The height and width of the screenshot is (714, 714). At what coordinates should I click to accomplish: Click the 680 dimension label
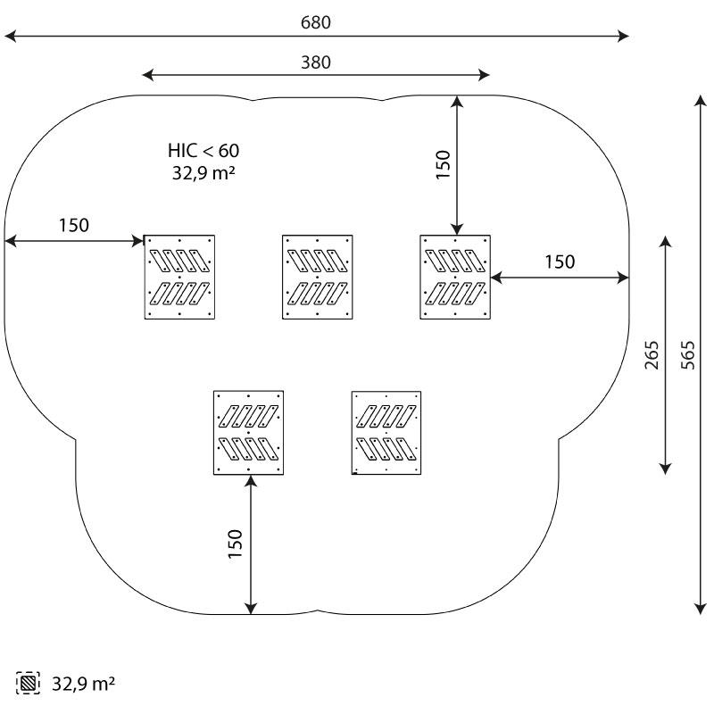(316, 22)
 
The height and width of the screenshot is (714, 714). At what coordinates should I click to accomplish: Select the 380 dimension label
(316, 62)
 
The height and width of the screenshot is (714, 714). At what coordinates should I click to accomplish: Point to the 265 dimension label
(652, 354)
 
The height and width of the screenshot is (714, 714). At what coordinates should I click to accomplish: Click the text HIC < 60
(203, 150)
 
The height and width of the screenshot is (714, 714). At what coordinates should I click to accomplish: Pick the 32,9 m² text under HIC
(203, 173)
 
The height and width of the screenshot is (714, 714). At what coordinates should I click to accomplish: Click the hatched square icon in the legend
(28, 683)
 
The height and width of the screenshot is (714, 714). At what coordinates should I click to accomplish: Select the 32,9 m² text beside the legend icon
(83, 684)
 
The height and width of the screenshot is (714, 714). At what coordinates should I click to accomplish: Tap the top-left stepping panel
(179, 277)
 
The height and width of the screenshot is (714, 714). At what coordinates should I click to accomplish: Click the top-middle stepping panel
(318, 277)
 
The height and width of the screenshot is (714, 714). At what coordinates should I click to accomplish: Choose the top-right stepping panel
(455, 277)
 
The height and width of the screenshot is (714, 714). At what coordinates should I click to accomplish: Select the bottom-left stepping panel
(249, 433)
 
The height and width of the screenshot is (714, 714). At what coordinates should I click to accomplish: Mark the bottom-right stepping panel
(386, 433)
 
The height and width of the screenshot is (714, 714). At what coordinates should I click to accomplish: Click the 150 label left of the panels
(74, 225)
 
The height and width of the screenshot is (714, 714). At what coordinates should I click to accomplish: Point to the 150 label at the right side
(560, 262)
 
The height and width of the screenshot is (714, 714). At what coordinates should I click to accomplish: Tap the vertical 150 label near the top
(443, 164)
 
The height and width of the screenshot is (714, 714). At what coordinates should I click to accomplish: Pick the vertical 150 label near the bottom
(235, 544)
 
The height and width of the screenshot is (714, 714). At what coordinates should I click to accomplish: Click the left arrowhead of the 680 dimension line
(10, 36)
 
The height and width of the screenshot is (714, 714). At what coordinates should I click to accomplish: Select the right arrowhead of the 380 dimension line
(484, 75)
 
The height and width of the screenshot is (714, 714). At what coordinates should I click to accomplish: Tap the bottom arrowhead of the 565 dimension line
(700, 609)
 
